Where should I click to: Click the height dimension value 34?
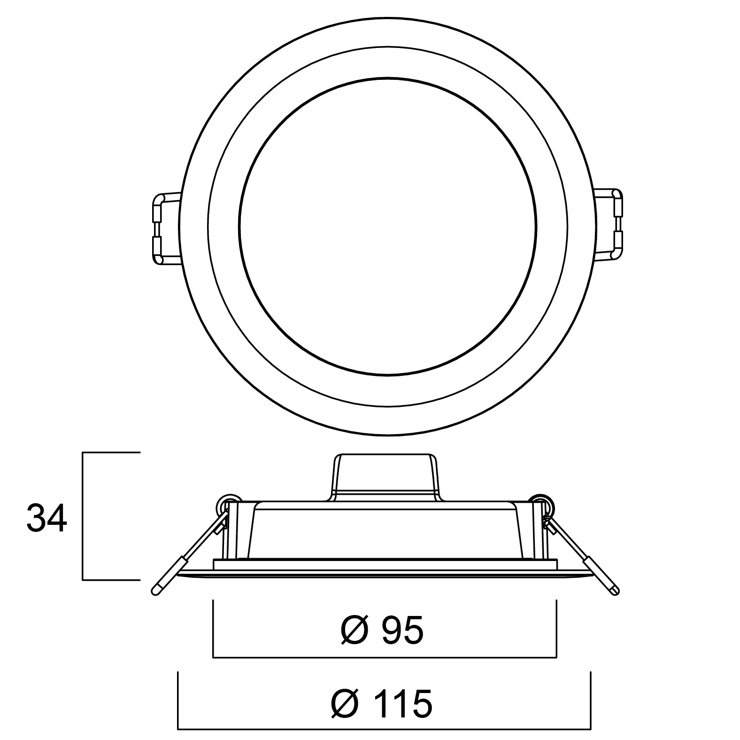coord(47,518)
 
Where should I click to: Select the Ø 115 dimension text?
coord(381,703)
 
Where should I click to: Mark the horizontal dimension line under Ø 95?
coord(385,657)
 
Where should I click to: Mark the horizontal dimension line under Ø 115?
coord(384,730)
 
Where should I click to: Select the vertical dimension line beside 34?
coord(83,516)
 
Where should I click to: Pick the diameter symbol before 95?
coord(355,631)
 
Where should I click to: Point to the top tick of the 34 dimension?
coord(112,452)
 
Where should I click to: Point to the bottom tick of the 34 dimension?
coord(112,580)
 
